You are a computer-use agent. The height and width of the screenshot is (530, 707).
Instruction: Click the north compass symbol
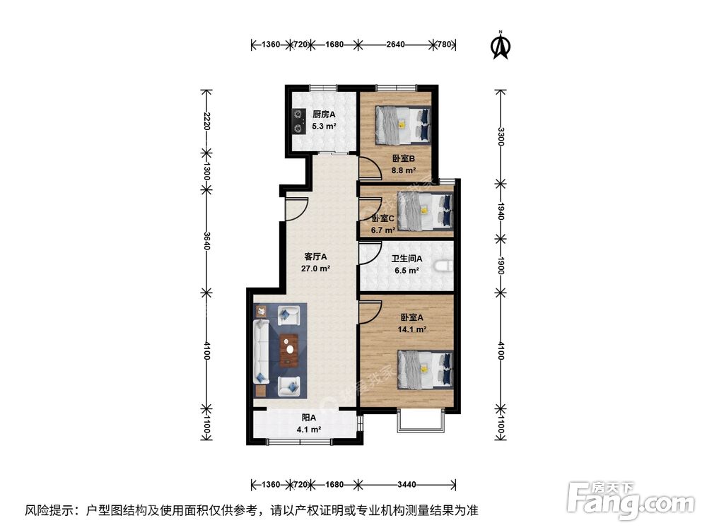tap(501, 45)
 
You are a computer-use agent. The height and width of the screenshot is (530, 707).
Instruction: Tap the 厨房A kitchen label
tap(324, 114)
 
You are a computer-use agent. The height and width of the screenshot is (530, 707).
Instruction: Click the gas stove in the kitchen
tap(296, 121)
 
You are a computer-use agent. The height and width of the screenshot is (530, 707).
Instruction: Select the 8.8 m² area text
tap(404, 170)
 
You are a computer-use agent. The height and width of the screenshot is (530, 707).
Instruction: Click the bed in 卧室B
tap(402, 124)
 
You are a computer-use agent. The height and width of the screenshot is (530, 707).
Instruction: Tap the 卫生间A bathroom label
tap(407, 259)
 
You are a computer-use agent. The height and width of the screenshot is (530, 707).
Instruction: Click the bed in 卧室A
tap(423, 370)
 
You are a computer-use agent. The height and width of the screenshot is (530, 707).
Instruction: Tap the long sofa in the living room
tap(260, 351)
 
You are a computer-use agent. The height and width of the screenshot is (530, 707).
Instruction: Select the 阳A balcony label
tap(308, 418)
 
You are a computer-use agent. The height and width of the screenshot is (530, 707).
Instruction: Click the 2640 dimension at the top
tap(395, 45)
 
